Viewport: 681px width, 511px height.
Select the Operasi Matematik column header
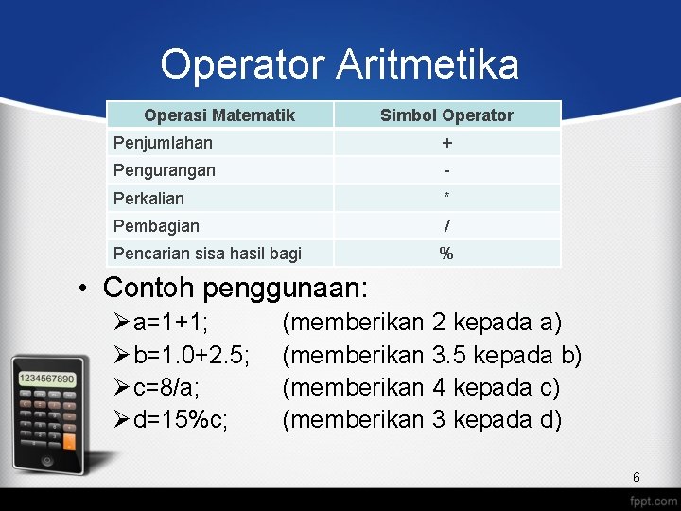pos(219,115)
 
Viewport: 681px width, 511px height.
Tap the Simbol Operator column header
pos(446,115)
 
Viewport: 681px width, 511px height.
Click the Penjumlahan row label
pos(163,143)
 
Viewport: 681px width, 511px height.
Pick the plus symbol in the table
pos(446,144)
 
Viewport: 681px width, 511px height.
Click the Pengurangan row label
pos(165,170)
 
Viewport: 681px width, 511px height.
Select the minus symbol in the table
pos(446,171)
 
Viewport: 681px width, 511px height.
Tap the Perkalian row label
pos(148,199)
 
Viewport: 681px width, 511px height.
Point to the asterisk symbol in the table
pos(446,197)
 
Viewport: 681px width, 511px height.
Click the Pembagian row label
pos(156,226)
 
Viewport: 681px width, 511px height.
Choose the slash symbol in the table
pos(446,226)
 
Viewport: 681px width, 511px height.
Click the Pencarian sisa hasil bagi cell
pos(207,254)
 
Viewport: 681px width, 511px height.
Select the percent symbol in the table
pos(446,254)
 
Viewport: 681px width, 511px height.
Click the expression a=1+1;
pos(171,324)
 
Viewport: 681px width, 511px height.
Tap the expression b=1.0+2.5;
pos(192,356)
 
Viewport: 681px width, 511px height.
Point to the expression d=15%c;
pos(181,419)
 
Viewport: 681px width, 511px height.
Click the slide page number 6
pos(637,477)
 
